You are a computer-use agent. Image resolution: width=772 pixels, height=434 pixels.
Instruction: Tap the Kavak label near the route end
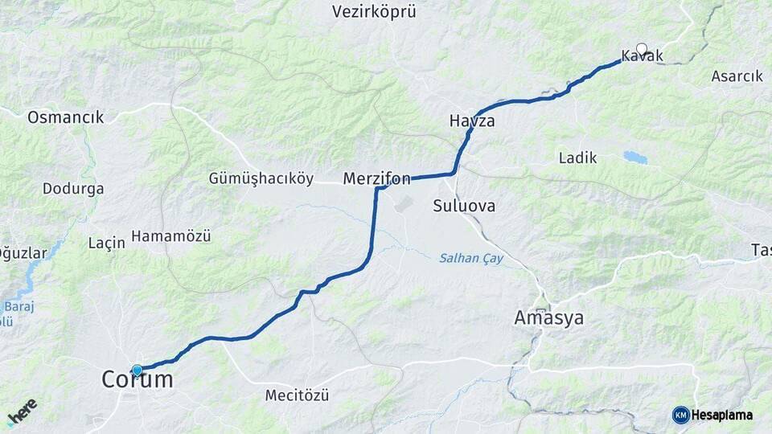coord(642,56)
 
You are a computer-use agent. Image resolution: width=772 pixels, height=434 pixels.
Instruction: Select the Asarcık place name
coord(737,76)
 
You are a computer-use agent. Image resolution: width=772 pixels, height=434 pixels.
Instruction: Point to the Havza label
coord(472,121)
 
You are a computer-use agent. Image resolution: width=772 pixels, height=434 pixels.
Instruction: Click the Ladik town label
coord(578,158)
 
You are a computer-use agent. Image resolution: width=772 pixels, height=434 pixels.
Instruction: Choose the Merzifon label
coord(377,178)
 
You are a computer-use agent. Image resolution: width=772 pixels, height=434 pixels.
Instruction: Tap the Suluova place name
coord(464,206)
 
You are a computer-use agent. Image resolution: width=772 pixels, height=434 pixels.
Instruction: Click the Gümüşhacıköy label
coord(261,178)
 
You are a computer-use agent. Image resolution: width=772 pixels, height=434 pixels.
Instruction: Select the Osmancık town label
coord(66,117)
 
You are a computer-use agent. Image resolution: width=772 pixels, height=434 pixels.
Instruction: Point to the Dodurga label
coord(73,190)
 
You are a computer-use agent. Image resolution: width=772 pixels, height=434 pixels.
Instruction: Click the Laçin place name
coord(106,242)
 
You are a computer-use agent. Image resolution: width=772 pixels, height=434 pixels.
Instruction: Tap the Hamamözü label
coord(170,236)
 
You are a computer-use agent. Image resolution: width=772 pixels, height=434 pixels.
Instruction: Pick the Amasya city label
coord(549,318)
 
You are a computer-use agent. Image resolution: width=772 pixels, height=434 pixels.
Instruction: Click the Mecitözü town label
coord(297,395)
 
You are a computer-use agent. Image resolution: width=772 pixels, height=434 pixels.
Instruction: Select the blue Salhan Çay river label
coord(470,258)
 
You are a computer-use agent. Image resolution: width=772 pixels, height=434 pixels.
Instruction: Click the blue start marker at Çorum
coord(137,371)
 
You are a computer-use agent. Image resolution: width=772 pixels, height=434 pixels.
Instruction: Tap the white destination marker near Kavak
coord(641,47)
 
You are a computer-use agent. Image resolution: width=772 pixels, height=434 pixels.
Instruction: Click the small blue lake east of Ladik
coord(635,158)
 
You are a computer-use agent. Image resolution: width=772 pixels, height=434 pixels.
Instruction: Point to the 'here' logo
coord(22,411)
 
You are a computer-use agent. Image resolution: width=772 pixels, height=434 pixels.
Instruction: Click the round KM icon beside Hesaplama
coord(680,415)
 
